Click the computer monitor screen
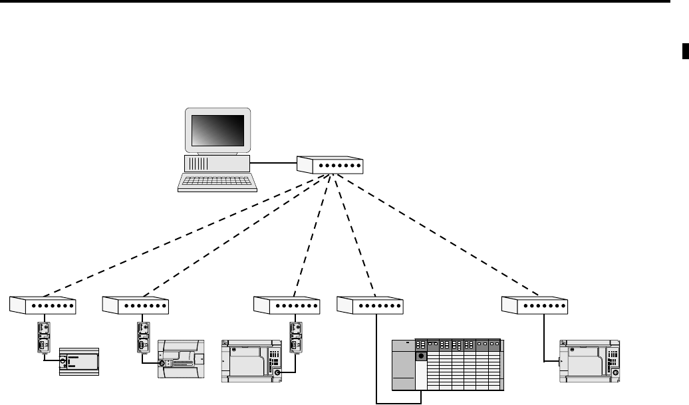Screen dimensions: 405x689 coord(217,130)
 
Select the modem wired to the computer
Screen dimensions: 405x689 coord(331,164)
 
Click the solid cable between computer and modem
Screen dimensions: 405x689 coord(273,162)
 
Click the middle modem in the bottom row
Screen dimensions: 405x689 coord(287,305)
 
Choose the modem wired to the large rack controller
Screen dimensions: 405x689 coord(370,305)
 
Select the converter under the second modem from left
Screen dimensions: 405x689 coord(142,337)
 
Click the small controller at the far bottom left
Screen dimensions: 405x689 coord(78,363)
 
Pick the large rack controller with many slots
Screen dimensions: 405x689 coord(447,365)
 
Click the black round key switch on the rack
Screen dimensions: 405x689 coord(420,357)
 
